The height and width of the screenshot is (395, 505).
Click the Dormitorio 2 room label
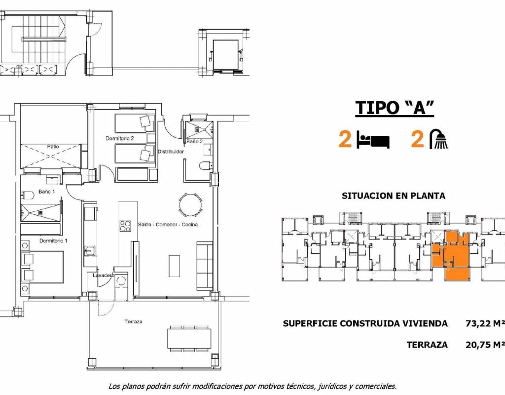click(119, 138)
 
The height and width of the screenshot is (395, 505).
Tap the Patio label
click(53, 146)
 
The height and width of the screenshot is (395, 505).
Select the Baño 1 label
click(47, 192)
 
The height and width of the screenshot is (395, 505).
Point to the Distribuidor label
click(171, 151)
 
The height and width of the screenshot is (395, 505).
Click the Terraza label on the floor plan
click(133, 321)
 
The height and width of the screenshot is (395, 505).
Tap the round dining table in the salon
click(191, 205)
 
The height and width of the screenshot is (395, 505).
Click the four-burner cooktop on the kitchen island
click(125, 226)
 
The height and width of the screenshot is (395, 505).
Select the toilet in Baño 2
click(206, 166)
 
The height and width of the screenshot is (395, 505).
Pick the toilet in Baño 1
click(28, 195)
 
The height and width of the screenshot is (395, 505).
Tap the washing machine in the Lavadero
click(121, 280)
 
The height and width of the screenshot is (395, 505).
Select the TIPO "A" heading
click(395, 108)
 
